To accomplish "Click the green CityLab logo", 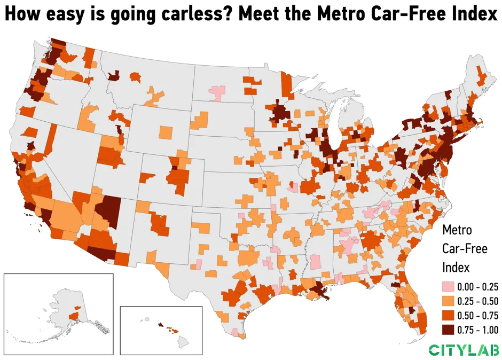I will tap(464, 350).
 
